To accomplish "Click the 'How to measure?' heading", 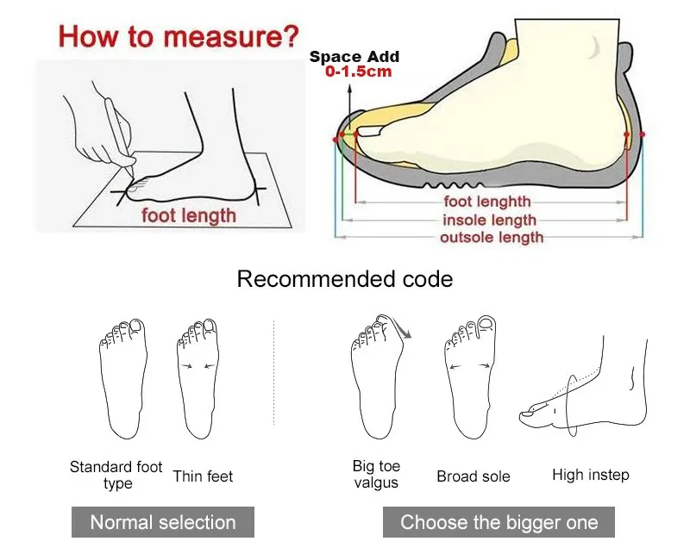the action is [x=179, y=36].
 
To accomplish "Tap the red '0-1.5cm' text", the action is [x=358, y=72].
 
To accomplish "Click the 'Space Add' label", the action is [x=354, y=56].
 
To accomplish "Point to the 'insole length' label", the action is [x=489, y=220].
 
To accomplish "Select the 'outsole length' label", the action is [x=492, y=238].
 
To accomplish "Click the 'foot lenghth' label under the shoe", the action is [x=487, y=202].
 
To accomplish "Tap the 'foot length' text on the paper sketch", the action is [x=189, y=216].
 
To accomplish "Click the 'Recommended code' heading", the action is [x=345, y=278].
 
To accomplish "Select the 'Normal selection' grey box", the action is [x=163, y=522].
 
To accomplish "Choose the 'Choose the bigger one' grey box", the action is [x=499, y=522].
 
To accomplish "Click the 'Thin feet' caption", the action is [x=203, y=476].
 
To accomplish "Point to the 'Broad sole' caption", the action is [x=473, y=476].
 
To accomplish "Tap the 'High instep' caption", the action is [x=591, y=475].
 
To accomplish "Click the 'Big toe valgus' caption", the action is [x=376, y=474].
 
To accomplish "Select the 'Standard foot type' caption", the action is [x=116, y=475].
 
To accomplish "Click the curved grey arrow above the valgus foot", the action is [x=402, y=327].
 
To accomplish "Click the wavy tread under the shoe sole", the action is [x=454, y=185].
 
